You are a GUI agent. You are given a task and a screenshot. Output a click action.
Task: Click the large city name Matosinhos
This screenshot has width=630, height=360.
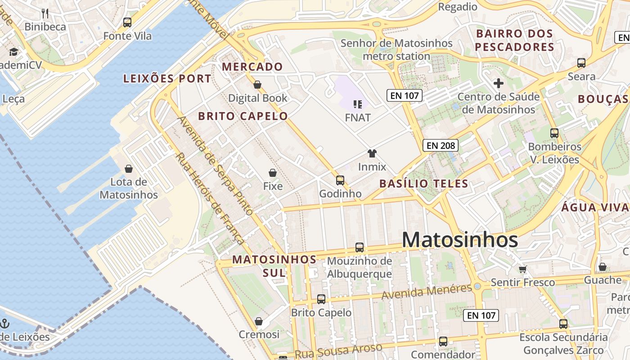tap(459, 240)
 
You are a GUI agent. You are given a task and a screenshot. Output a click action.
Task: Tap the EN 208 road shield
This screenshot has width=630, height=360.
tap(441, 145)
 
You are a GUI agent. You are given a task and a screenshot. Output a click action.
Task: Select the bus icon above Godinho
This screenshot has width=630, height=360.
tap(340, 180)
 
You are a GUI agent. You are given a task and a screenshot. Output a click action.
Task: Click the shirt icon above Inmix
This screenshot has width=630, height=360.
tap(372, 153)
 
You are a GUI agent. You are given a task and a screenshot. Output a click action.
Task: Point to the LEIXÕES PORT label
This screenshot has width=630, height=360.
tap(167, 79)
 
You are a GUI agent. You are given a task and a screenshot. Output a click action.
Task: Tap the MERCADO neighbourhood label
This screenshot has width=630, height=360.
tap(252, 67)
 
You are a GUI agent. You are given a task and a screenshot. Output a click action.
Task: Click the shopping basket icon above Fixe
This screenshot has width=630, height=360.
tap(272, 173)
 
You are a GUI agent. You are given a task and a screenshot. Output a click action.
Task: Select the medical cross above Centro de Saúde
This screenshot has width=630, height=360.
tap(498, 83)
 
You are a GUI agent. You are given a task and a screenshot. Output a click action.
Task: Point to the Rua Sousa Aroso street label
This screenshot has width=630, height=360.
tap(338, 351)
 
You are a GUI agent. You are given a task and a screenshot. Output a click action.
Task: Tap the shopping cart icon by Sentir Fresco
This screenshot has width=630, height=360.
tap(522, 269)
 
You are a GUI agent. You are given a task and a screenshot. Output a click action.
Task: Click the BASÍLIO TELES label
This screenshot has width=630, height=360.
tap(423, 184)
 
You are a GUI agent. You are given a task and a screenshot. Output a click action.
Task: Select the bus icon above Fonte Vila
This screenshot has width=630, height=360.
tap(127, 22)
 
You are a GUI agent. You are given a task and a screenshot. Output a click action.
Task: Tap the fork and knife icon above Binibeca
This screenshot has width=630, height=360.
tap(45, 13)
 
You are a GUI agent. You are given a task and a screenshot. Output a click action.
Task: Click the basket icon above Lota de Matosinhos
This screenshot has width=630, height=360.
tap(129, 169)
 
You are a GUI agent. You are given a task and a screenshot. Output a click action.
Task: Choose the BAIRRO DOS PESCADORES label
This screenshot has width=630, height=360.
tap(514, 40)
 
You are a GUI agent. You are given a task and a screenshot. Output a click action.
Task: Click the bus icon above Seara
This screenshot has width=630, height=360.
tap(581, 63)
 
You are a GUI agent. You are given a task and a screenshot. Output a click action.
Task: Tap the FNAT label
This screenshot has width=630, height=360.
tap(358, 118)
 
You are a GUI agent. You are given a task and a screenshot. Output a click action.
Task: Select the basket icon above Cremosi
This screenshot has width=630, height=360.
tap(259, 321)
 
